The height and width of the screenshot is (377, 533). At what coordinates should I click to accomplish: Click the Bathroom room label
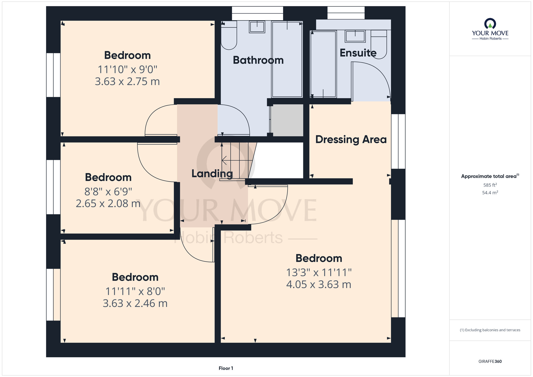point(258,60)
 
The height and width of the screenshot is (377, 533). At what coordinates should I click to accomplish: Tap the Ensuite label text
point(358,53)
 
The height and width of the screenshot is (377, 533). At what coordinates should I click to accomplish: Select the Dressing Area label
point(351,139)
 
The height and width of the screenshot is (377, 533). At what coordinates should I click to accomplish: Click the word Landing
point(212,174)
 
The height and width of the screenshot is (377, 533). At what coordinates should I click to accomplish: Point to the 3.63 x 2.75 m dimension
point(127,82)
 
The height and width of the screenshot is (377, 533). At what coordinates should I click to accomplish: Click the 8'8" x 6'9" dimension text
point(108,191)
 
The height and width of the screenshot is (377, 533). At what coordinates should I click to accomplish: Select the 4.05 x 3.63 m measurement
point(319,284)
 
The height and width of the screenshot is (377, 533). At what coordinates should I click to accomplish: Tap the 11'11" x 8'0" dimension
point(135,291)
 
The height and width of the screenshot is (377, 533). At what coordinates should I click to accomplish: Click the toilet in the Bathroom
point(229,35)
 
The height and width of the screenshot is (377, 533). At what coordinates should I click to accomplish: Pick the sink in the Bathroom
point(257,27)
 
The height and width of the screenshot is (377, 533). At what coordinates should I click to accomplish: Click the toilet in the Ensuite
point(379,44)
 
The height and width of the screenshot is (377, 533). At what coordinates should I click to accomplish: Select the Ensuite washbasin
point(355,36)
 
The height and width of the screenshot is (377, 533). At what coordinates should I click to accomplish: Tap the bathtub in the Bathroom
point(287,59)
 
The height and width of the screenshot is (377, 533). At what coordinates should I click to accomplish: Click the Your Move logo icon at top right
point(490,23)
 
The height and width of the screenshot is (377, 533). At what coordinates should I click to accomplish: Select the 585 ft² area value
point(490,185)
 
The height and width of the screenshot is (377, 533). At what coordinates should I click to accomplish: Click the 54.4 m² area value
point(490,192)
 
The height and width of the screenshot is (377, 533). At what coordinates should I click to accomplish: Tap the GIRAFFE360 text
point(490,362)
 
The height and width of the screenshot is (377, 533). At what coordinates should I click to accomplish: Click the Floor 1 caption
point(226,368)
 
